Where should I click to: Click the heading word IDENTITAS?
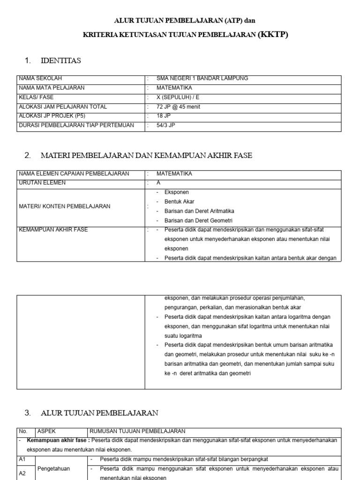[x=61, y=60]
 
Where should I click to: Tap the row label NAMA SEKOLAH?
[x=40, y=78]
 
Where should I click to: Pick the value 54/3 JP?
[x=165, y=125]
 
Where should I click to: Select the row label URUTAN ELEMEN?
[x=42, y=183]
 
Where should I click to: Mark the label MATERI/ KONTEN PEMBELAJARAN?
[x=64, y=206]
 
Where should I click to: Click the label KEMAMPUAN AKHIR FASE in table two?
[x=53, y=230]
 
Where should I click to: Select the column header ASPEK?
[x=46, y=431]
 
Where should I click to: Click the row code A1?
[x=22, y=459]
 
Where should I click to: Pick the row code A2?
[x=22, y=473]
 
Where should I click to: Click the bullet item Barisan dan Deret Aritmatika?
[x=199, y=211]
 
